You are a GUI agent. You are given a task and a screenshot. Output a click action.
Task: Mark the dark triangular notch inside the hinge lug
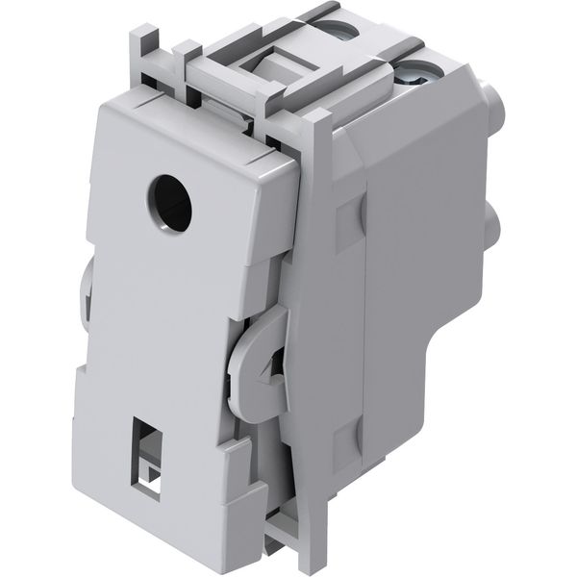278,364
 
